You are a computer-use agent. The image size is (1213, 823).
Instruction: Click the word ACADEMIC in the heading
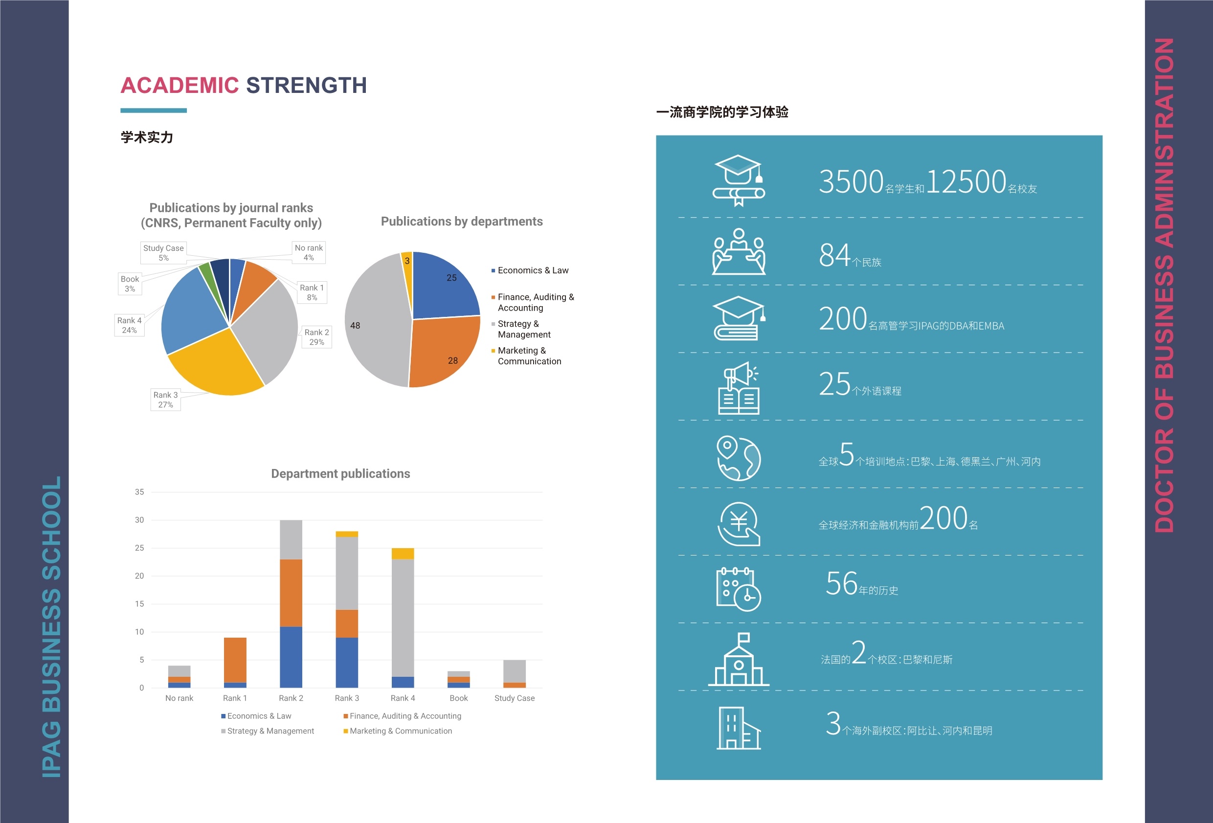click(180, 86)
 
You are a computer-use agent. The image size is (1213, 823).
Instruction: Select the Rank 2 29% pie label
click(316, 337)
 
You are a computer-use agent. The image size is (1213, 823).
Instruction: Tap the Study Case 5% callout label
click(163, 253)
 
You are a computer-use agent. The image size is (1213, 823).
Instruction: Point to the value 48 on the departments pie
click(355, 326)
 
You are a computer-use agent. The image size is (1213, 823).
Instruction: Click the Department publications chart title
click(340, 473)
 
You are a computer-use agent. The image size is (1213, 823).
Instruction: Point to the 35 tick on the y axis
click(139, 491)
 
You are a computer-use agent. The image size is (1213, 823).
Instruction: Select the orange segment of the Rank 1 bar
click(235, 660)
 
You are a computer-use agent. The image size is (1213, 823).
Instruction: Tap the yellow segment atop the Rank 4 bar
click(403, 553)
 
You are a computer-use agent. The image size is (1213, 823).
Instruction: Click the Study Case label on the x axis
click(514, 698)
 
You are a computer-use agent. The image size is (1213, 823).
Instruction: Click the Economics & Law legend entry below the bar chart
click(258, 716)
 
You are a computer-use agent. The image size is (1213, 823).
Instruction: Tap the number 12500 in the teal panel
click(966, 182)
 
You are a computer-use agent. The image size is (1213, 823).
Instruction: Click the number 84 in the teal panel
click(834, 255)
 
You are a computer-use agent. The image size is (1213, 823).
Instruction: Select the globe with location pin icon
click(738, 458)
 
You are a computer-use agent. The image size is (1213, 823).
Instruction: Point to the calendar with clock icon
click(738, 589)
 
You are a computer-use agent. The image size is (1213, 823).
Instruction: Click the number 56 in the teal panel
click(841, 583)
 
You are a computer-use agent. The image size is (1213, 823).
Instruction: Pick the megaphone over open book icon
click(739, 388)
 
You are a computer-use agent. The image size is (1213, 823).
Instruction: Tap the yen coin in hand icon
click(739, 524)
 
